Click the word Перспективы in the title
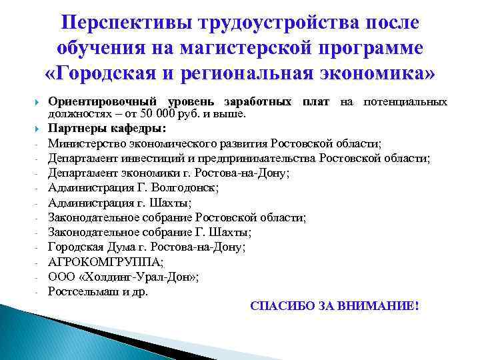(x=127, y=23)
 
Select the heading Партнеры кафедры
(x=107, y=129)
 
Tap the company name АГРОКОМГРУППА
(x=101, y=261)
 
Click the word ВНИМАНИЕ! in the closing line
(x=383, y=306)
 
